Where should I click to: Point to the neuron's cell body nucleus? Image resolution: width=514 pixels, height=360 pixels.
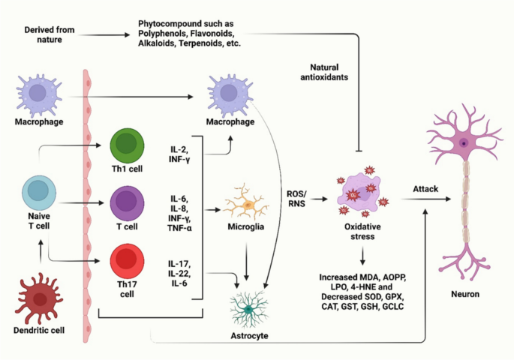pyautogui.click(x=465, y=143)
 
